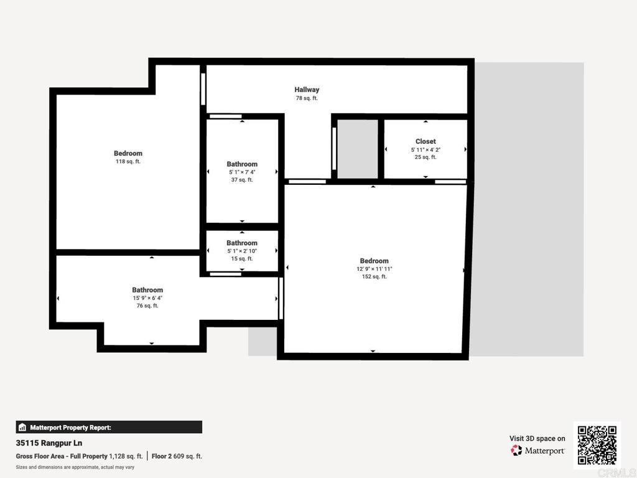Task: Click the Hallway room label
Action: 307,90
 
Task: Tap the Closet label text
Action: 425,141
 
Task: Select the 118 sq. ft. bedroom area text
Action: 128,162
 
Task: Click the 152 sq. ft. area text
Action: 374,277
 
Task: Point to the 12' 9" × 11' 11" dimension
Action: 374,269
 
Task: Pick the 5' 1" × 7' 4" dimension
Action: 242,172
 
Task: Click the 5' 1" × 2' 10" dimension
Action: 242,251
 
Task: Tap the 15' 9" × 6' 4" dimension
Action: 147,298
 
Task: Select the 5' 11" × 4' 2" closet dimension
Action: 425,149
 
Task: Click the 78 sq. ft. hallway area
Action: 307,98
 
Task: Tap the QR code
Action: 597,445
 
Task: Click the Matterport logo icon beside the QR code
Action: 517,450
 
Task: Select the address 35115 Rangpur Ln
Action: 49,444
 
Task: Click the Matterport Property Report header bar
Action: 109,427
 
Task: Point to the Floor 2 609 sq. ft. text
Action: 177,456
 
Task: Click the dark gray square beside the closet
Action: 358,149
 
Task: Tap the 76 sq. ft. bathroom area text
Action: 147,306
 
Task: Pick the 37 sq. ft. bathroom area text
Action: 242,180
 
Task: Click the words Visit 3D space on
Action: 537,438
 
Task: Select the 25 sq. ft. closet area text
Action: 425,157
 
